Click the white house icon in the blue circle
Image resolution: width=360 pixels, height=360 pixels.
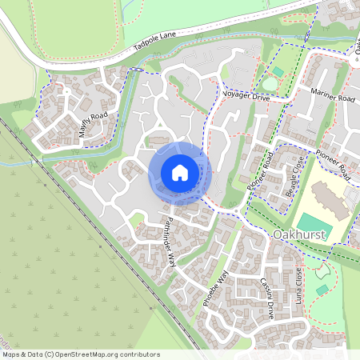(179, 172)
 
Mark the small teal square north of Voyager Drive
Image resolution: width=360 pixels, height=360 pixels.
(277, 71)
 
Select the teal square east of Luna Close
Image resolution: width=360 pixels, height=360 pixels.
(322, 290)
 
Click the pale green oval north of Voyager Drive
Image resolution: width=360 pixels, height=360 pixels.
(270, 82)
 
